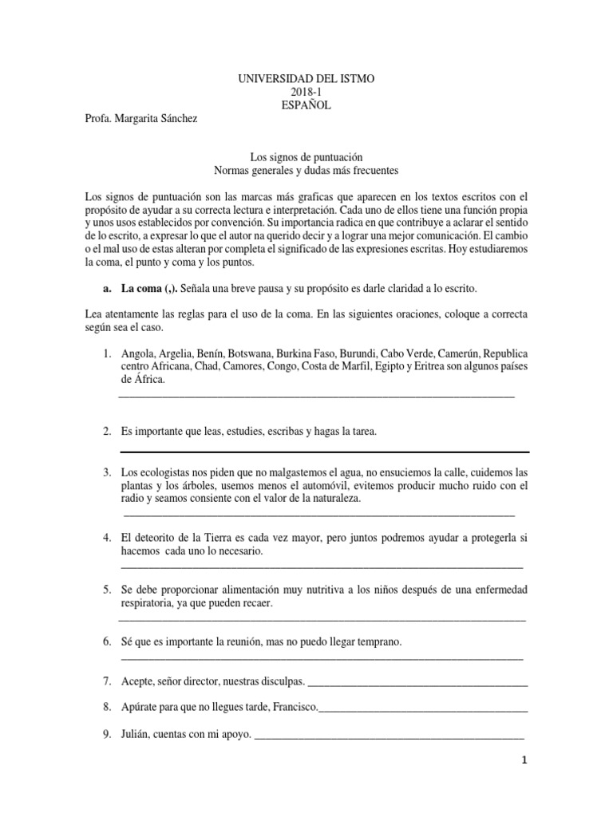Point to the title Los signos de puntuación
click(307, 158)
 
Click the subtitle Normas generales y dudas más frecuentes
click(307, 171)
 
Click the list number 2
click(106, 432)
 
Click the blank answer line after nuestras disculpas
click(417, 683)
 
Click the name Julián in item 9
click(139, 734)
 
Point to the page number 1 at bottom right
click(524, 761)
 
